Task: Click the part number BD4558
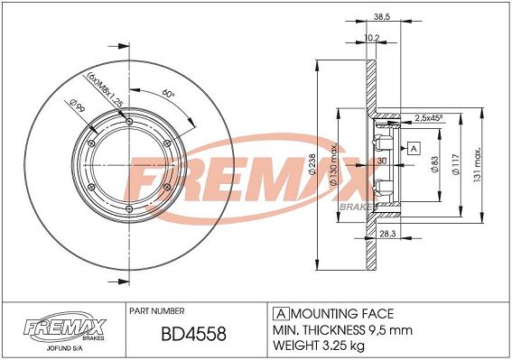[x=193, y=334]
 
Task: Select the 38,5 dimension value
[x=382, y=16]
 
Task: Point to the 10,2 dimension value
[x=372, y=38]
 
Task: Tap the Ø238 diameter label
[x=312, y=164]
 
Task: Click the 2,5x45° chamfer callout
[x=428, y=118]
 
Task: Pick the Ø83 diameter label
[x=435, y=164]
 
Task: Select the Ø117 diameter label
[x=456, y=164]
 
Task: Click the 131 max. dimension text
[x=477, y=165]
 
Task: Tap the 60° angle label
[x=169, y=94]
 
